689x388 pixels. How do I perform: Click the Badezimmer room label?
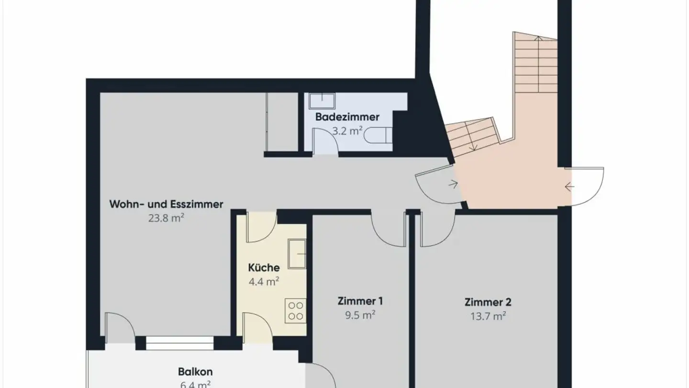pos(347,117)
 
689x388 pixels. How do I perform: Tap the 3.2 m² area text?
pos(347,130)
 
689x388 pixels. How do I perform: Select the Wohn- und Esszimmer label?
pos(166,205)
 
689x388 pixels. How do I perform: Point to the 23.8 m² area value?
pos(166,218)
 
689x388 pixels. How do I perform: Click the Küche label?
pos(264,268)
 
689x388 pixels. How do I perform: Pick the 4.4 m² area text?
pos(264,282)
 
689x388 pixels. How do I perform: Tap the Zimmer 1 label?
pos(360,301)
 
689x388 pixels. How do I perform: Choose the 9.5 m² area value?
pos(360,315)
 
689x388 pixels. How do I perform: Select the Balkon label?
pos(195,372)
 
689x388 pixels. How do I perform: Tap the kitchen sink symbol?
pos(297,253)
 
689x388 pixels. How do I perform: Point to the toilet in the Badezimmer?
pos(378,136)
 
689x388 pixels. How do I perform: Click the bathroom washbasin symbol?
pos(322,101)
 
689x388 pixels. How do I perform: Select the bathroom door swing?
pos(324,141)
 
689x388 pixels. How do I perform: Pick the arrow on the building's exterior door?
pos(569,186)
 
